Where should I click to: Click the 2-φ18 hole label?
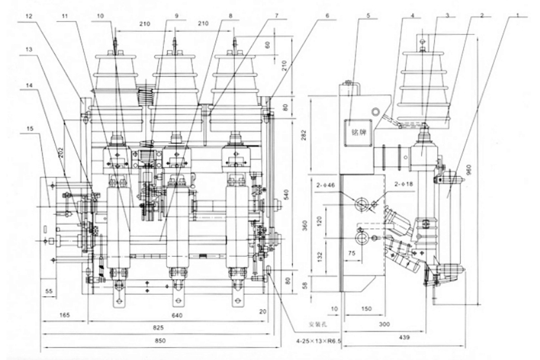404,185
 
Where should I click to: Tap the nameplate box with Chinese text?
355,127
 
